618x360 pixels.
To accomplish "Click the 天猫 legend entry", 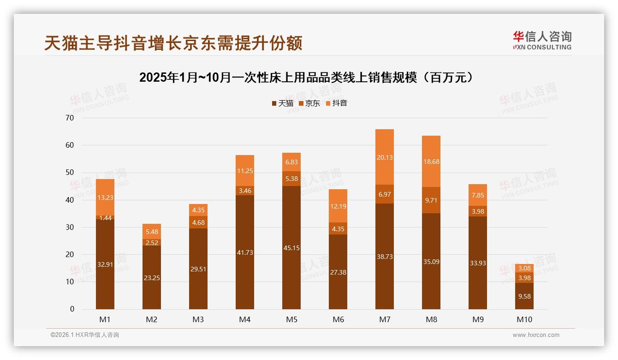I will pos(283,103).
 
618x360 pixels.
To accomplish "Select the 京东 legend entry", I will pos(309,103).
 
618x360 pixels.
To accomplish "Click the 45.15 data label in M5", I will pos(291,248).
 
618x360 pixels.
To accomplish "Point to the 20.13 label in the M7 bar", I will pos(384,157).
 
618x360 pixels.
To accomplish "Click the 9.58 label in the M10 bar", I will pos(524,296).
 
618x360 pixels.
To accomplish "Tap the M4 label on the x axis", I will pos(245,319).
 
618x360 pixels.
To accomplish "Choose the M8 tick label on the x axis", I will pos(431,319).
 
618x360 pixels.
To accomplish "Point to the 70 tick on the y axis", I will pos(70,118).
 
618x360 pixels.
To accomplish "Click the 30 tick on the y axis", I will pos(70,227).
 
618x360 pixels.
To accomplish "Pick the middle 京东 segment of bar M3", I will pos(198,222).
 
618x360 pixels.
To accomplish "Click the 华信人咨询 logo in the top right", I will pos(542,40).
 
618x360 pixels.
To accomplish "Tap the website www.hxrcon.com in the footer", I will pos(536,335).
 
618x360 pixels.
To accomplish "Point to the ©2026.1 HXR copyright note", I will pos(85,335).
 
